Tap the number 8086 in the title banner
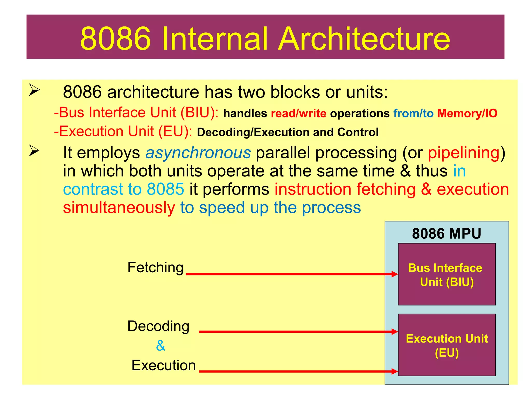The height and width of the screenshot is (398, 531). (116, 39)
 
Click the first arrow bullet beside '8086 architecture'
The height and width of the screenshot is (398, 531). (34, 90)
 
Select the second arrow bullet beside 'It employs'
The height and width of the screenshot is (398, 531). (34, 151)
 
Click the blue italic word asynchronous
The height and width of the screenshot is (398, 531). (198, 153)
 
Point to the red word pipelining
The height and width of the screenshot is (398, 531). (464, 153)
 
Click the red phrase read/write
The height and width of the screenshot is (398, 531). (298, 113)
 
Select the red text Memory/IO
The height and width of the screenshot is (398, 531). (467, 113)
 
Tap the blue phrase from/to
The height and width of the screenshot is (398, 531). (413, 113)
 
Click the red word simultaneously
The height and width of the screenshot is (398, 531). (119, 208)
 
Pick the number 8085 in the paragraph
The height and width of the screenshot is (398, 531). (165, 189)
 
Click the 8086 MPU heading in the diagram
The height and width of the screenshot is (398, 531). (446, 233)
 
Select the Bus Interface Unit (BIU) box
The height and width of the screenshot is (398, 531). (447, 274)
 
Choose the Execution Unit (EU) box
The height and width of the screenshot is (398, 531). (447, 345)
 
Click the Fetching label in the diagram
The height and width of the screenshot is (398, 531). (156, 267)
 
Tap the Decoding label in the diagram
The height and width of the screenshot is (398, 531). (158, 326)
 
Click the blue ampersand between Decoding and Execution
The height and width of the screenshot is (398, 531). (161, 345)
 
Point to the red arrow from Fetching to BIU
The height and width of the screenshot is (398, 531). (290, 274)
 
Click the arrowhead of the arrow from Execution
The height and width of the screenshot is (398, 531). (395, 371)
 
